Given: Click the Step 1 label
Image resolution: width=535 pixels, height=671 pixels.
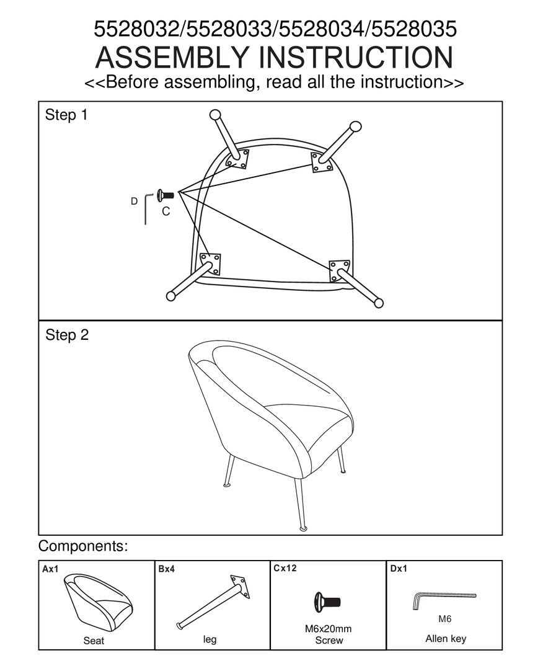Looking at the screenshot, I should [66, 115].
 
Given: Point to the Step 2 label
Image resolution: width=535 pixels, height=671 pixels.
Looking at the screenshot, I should [66, 335].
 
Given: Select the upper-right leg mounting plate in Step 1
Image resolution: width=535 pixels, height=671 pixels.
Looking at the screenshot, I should [322, 162].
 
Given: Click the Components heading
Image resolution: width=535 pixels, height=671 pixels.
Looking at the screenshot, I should [83, 547].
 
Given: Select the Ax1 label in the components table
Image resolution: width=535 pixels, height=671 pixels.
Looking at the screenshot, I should [50, 569].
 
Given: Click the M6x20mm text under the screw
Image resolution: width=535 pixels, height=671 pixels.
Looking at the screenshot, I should [328, 628].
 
